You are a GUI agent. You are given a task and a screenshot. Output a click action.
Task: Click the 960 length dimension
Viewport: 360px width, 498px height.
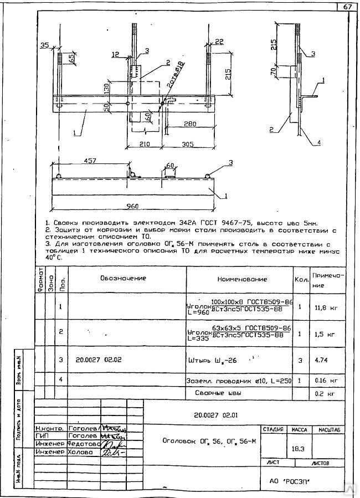tap(132, 207)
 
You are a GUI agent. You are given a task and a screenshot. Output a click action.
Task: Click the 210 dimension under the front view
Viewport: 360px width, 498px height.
tap(145, 145)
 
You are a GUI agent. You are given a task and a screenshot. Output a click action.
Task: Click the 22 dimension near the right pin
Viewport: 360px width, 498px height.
tap(219, 41)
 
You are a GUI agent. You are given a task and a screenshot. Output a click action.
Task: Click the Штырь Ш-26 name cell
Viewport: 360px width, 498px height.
tap(213, 360)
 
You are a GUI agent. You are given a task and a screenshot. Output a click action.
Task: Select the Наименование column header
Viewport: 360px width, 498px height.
tap(241, 279)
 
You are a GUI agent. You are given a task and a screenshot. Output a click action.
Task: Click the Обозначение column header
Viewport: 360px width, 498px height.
tap(123, 278)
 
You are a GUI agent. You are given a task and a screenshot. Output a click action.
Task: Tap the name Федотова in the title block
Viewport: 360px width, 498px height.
tap(84, 443)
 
